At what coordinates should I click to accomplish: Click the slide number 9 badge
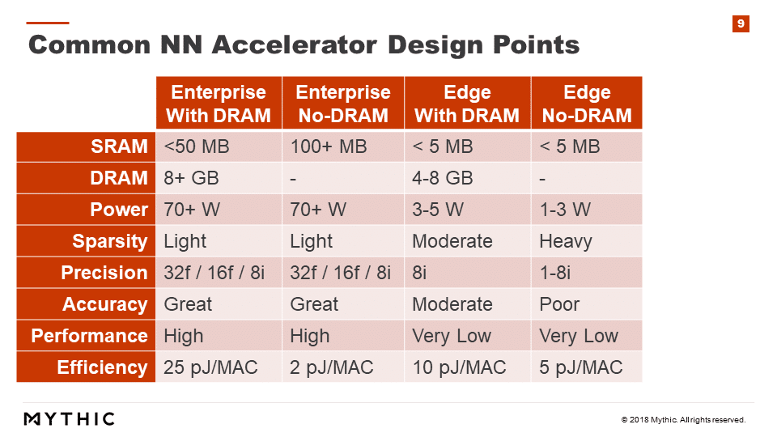coord(741,23)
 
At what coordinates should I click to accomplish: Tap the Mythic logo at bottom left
coord(70,418)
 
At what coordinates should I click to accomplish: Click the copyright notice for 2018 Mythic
coord(683,420)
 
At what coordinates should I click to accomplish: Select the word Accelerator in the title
coord(295,45)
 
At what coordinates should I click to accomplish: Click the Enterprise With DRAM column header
coord(219,103)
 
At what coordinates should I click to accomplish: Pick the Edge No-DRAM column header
coord(587,103)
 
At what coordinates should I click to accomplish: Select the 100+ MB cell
coord(329,146)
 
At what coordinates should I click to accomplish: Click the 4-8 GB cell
coord(443,178)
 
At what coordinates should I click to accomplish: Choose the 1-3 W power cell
coord(565,210)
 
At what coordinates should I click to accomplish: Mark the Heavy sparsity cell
coord(566,241)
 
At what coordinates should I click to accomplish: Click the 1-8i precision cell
coord(555,273)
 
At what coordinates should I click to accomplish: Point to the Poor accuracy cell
coord(559,304)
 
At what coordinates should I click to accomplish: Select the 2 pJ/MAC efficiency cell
coord(332,367)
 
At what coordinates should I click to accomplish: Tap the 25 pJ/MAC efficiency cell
coord(210,367)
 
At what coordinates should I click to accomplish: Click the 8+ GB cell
coord(191,178)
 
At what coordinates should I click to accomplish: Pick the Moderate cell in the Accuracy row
coord(452,304)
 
